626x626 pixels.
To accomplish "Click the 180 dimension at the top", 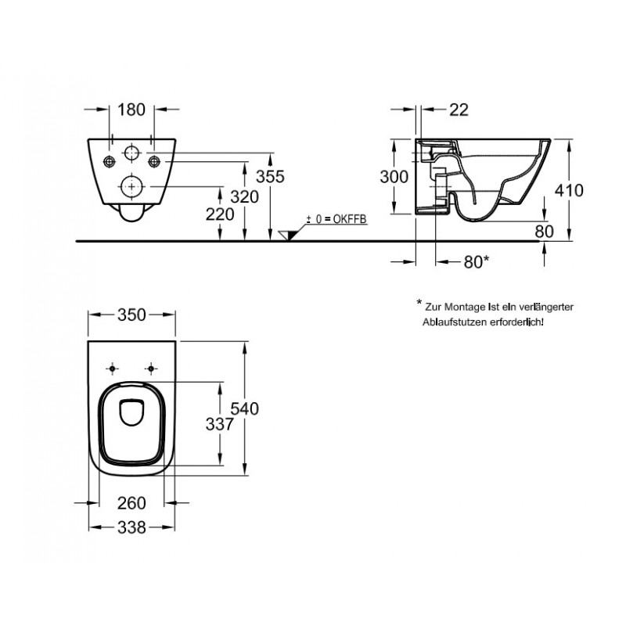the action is tap(131, 110).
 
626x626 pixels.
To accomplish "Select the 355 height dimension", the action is tap(270, 177).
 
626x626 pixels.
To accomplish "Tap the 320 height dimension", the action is tap(245, 197).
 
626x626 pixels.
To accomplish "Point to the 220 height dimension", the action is tap(220, 214).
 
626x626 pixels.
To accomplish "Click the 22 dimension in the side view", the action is tap(459, 110).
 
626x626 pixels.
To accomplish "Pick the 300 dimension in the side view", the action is tap(394, 177).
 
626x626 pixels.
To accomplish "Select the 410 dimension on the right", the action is tap(569, 190).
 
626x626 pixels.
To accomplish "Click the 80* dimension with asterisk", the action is tap(477, 262).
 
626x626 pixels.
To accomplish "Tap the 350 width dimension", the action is tap(131, 315).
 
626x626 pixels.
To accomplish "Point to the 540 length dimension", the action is tap(245, 408).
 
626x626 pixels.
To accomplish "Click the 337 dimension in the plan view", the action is tap(220, 424).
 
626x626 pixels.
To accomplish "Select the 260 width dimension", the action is tap(131, 503).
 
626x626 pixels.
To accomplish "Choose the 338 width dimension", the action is tap(131, 528).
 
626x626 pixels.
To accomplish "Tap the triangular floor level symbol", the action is tap(289, 236).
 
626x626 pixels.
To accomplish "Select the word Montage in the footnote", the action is tap(465, 308).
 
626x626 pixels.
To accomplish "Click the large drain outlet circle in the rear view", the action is tap(131, 186).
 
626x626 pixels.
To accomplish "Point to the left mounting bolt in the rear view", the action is tap(109, 162).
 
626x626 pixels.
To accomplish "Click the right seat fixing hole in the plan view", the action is tap(151, 369).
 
